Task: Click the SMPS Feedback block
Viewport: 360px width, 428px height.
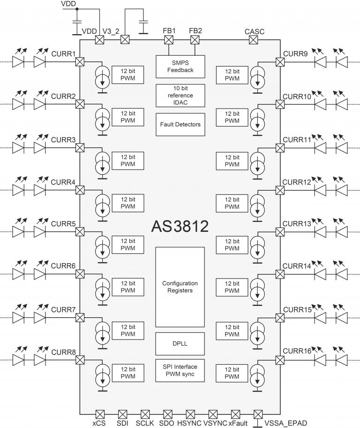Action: tap(180, 66)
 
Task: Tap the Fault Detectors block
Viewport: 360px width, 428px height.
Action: tap(180, 124)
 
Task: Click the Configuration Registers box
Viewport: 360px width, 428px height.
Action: tap(180, 287)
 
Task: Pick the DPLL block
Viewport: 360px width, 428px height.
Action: tap(180, 343)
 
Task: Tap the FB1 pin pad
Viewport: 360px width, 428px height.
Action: tap(169, 40)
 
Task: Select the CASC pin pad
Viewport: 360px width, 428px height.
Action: tap(254, 40)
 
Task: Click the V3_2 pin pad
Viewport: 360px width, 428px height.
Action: tap(125, 40)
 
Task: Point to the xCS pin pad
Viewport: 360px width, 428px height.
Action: tap(99, 414)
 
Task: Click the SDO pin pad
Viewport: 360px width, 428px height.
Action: tap(168, 414)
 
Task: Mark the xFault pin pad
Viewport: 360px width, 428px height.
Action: tap(235, 414)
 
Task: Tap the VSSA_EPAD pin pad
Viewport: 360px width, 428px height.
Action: tap(258, 414)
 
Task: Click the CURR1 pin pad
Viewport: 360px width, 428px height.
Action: tap(80, 61)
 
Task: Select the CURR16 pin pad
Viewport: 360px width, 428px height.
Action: tap(280, 360)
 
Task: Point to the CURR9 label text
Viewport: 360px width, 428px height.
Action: tap(295, 54)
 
